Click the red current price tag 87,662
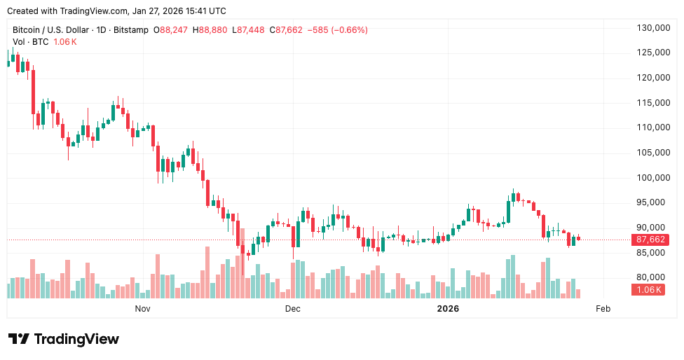[x=650, y=240]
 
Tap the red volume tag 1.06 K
[x=650, y=289]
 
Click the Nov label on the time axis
[x=142, y=308]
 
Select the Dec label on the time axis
[x=292, y=308]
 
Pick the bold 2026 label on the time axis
[x=448, y=308]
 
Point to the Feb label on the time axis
[x=602, y=308]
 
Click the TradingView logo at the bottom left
[x=64, y=339]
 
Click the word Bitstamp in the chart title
[x=132, y=30]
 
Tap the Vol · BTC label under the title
[x=31, y=42]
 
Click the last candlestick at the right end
[x=578, y=238]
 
